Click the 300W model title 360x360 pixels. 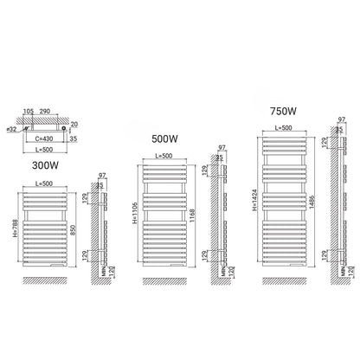point(45,165)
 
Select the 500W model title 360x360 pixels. point(164,138)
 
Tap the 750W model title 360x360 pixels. point(283,111)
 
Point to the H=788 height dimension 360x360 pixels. point(16,228)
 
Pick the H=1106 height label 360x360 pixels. point(135,213)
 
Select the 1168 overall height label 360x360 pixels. point(193,215)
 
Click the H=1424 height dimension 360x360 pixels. point(254,200)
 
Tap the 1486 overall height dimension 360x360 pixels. point(312,202)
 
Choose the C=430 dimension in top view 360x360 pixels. point(44,138)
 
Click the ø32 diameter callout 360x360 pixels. point(11,130)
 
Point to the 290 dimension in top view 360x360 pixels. point(45,111)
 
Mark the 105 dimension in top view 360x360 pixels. point(29,111)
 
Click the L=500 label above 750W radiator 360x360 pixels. point(284,127)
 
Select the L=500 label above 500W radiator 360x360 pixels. point(164,156)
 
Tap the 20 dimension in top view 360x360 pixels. point(74,125)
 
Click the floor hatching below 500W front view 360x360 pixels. point(164,281)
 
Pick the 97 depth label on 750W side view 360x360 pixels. point(342,119)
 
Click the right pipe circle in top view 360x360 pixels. point(63,128)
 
